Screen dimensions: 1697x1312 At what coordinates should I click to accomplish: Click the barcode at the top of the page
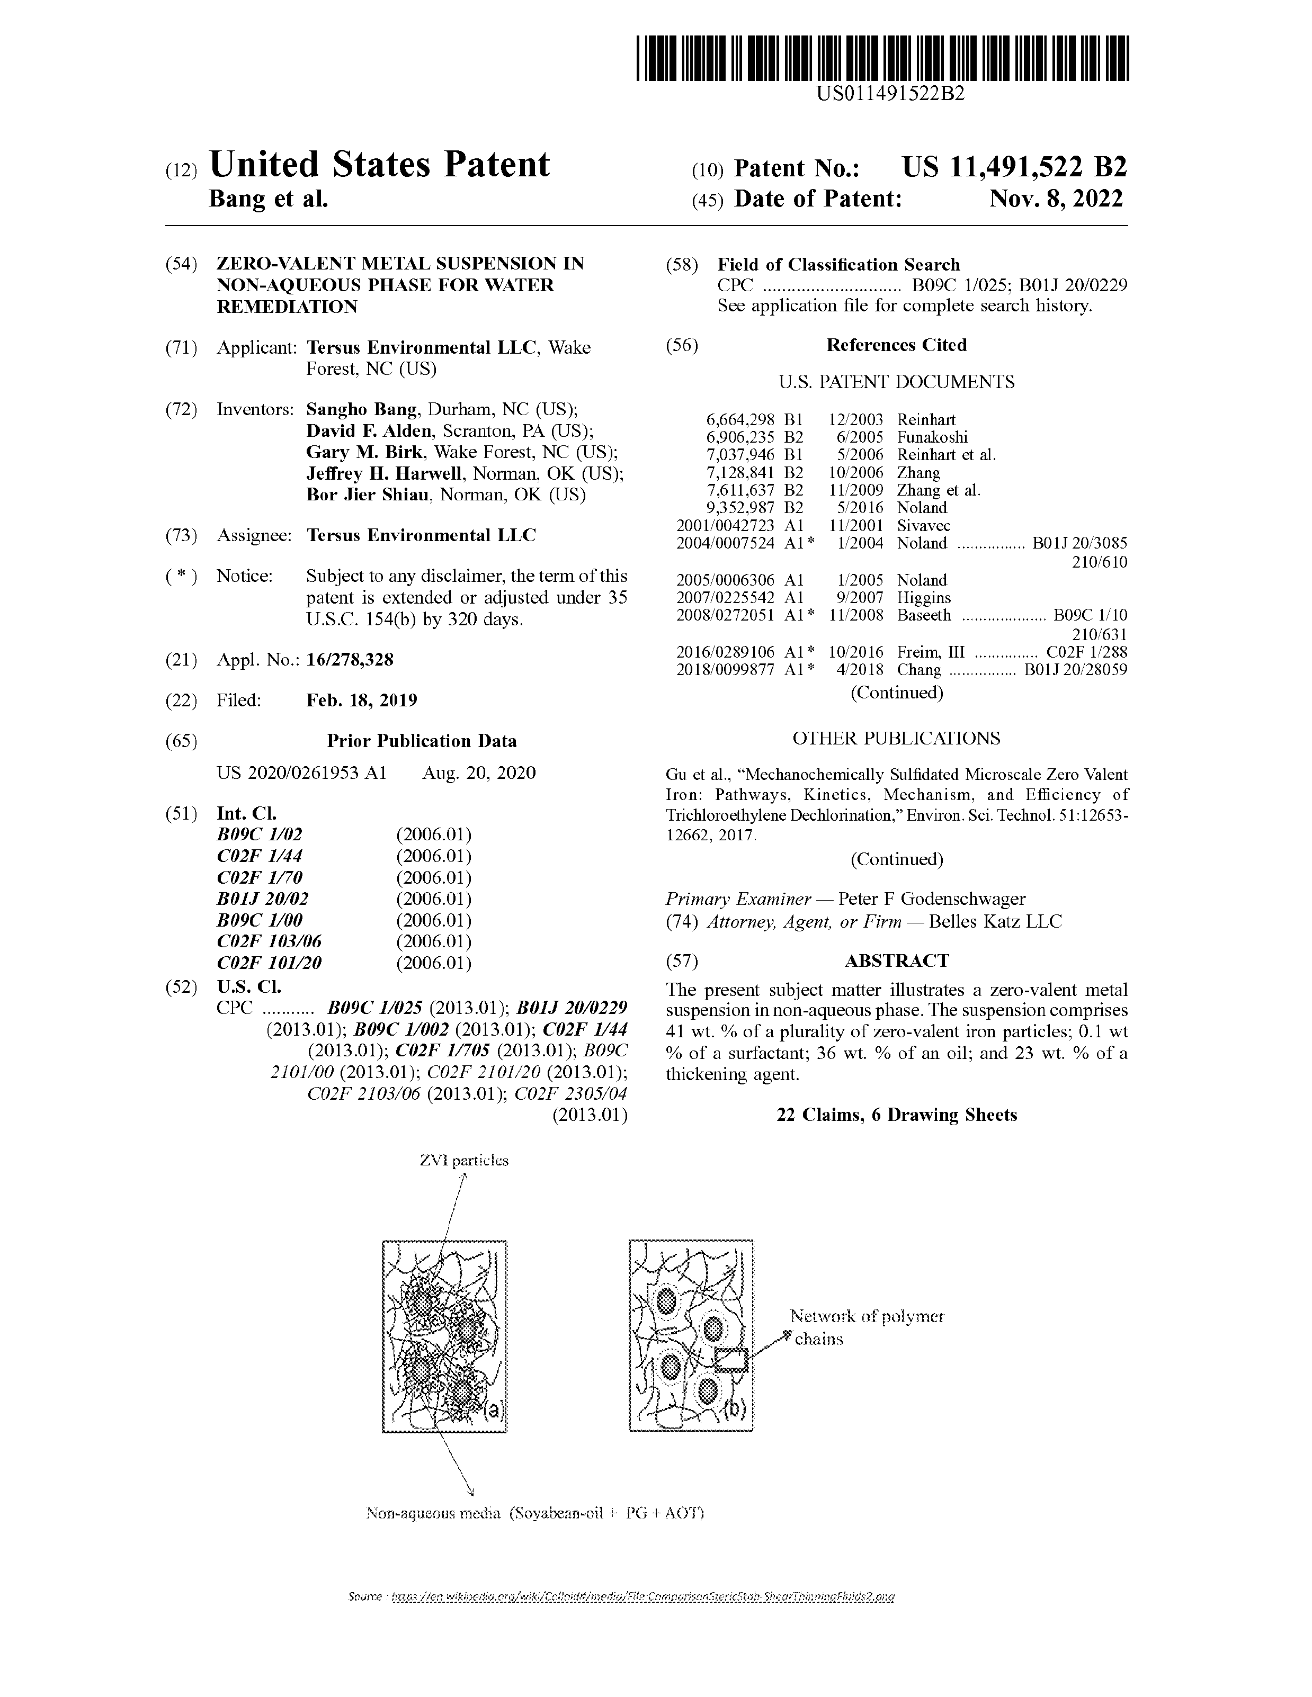882,60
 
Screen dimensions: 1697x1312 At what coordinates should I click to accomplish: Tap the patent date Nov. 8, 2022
1056,199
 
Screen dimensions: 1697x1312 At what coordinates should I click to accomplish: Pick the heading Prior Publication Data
421,741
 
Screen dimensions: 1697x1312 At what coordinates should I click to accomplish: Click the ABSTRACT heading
896,960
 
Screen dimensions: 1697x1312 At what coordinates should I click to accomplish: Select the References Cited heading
896,345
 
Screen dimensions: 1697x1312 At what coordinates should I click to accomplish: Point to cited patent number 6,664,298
740,419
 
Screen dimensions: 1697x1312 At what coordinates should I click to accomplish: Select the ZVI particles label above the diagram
464,1160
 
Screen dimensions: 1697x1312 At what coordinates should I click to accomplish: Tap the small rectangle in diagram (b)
730,1360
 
